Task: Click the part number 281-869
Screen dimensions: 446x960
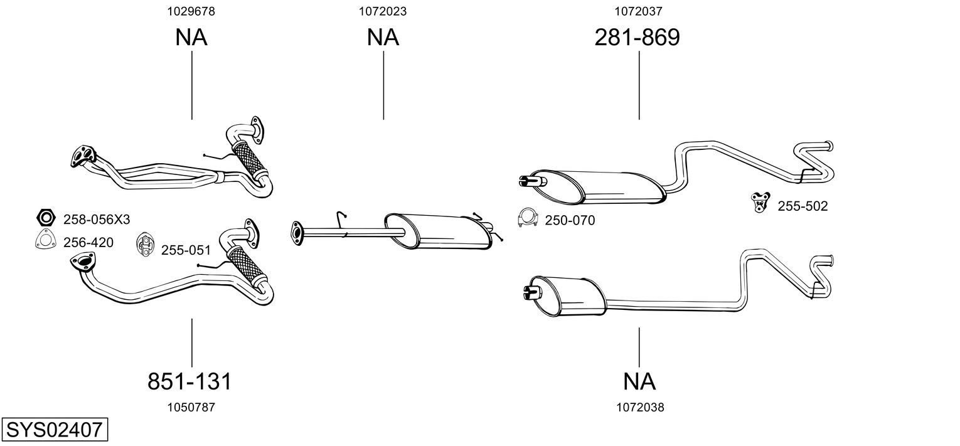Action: [x=637, y=38]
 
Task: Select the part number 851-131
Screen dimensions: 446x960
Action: [x=189, y=381]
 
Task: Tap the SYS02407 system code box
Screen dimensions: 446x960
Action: [x=54, y=430]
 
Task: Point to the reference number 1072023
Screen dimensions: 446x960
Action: [x=383, y=11]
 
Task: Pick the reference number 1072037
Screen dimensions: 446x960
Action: [x=639, y=11]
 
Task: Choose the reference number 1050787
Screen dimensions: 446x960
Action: [x=191, y=407]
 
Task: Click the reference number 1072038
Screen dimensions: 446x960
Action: [x=640, y=407]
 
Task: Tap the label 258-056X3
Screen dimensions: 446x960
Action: [x=97, y=220]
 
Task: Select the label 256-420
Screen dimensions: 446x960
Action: [x=88, y=242]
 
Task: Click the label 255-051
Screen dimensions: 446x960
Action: [x=186, y=250]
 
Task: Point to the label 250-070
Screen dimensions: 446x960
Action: [x=570, y=220]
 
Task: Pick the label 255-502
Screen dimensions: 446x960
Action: [x=803, y=206]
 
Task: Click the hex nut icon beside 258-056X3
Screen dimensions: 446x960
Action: [x=45, y=218]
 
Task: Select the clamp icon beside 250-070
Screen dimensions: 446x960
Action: [x=527, y=218]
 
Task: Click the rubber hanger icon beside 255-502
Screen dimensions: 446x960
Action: [x=760, y=203]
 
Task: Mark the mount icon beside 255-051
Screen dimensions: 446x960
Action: [x=145, y=245]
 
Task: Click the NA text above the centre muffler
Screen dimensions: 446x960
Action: [x=383, y=38]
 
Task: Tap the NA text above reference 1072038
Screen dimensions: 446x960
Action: [x=639, y=381]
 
